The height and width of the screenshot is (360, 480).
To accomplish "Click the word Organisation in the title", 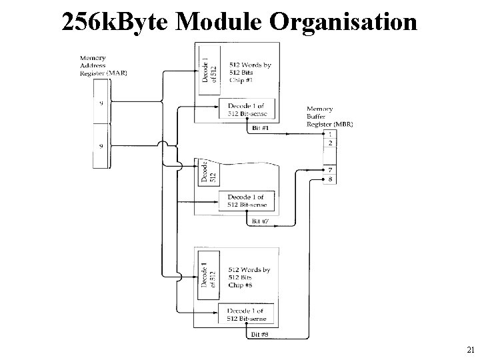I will pyautogui.click(x=344, y=23).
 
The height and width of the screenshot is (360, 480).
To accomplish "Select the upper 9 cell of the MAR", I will pyautogui.click(x=101, y=103).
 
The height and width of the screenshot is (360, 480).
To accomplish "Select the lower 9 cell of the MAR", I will pyautogui.click(x=101, y=146).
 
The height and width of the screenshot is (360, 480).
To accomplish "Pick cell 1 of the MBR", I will pyautogui.click(x=329, y=134).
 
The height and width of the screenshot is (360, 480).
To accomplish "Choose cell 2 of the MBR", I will pyautogui.click(x=329, y=143).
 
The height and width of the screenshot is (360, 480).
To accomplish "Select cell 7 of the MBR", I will pyautogui.click(x=329, y=170).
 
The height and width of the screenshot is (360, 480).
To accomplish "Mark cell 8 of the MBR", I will pyautogui.click(x=329, y=179).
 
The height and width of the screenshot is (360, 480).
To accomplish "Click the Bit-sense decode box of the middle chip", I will pyautogui.click(x=247, y=201).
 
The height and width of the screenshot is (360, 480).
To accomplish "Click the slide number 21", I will pyautogui.click(x=471, y=349).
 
